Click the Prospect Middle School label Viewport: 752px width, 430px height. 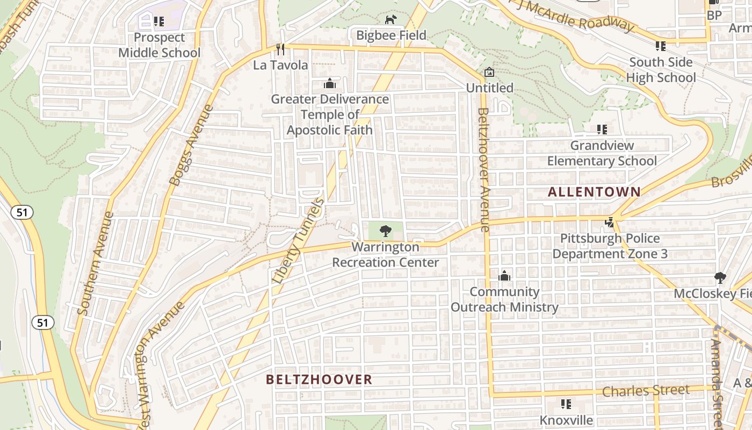coord(159,45)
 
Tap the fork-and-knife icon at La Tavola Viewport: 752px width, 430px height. coord(280,49)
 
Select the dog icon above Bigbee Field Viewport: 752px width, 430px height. coord(391,20)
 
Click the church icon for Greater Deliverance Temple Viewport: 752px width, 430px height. coord(330,84)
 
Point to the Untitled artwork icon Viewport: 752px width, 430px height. coord(489,72)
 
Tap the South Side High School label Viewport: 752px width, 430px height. coord(661,70)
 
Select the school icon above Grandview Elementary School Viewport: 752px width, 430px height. coord(602,130)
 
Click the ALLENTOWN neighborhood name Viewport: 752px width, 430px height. coord(594,192)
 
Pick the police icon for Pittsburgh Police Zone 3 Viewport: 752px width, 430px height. coord(610,223)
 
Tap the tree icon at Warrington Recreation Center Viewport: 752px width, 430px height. coord(385,232)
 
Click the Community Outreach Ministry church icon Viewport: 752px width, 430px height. coord(504,276)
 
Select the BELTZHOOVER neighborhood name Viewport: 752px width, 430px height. coord(319,379)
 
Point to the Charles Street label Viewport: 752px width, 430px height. coord(646,390)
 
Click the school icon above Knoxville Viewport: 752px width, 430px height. coord(566,404)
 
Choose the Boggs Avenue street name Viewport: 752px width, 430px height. coord(191,146)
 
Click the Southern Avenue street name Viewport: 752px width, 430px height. coord(95,263)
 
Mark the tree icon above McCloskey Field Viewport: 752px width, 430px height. coord(720,278)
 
